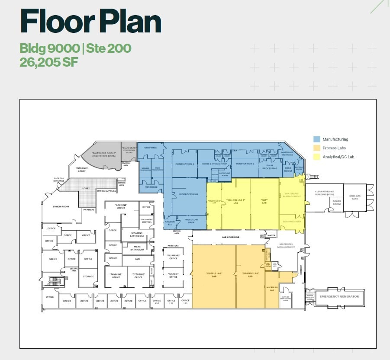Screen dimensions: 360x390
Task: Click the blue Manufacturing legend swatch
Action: click(317, 139)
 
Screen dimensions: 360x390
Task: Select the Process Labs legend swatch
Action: click(317, 148)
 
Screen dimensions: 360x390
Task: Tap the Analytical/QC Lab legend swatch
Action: click(317, 157)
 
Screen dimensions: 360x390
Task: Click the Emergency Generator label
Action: click(339, 296)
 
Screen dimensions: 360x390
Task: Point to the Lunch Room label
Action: click(61, 206)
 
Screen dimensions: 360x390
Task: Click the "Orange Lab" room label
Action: click(250, 275)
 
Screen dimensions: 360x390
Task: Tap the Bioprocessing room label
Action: click(189, 194)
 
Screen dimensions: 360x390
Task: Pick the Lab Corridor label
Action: click(231, 237)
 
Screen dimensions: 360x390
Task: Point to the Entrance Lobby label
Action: click(82, 170)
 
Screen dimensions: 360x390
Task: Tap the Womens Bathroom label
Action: click(137, 235)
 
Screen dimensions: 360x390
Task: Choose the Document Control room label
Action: click(146, 221)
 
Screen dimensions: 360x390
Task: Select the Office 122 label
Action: click(185, 302)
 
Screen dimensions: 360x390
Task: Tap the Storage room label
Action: click(88, 276)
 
